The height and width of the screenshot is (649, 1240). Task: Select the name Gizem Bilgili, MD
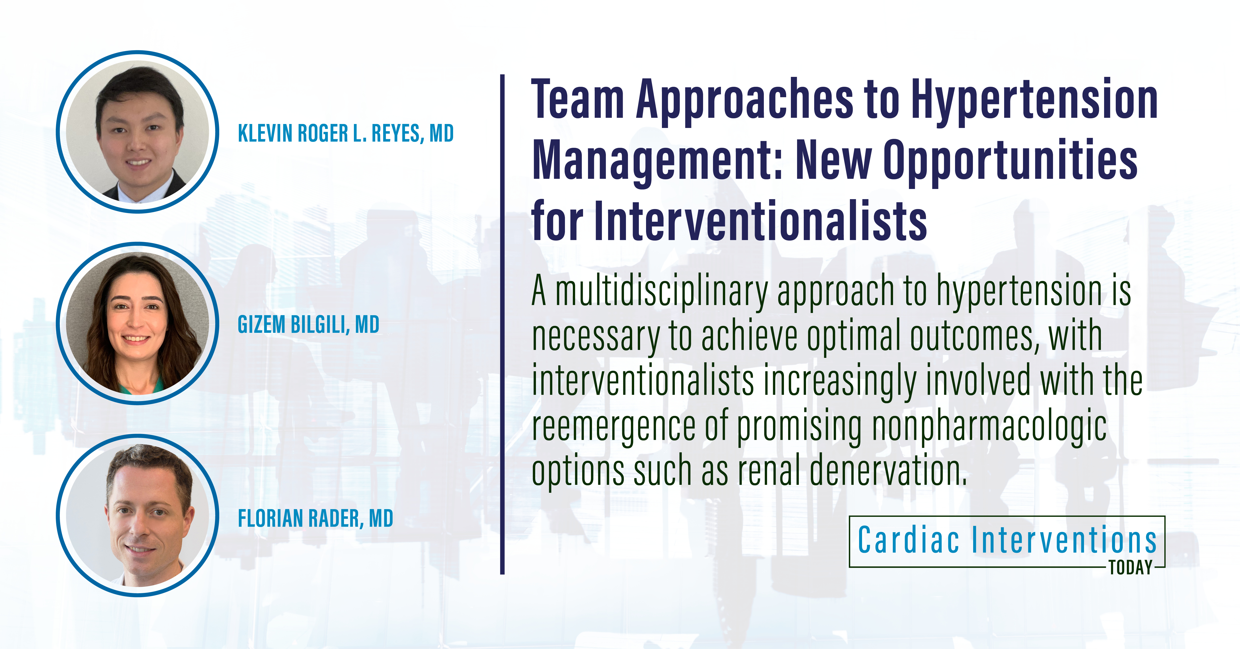pyautogui.click(x=309, y=324)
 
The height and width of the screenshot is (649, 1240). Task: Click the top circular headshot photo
pyautogui.click(x=138, y=131)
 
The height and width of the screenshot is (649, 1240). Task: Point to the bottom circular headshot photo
pyautogui.click(x=138, y=516)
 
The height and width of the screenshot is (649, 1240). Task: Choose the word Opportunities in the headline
pyautogui.click(x=1011, y=161)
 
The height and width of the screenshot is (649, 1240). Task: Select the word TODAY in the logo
pyautogui.click(x=1131, y=568)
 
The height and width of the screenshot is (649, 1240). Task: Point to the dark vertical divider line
pyautogui.click(x=502, y=324)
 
